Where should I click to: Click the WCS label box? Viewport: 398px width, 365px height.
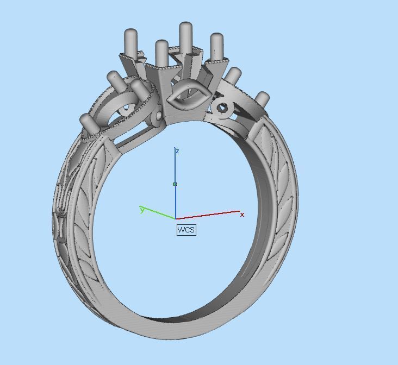[x=186, y=230]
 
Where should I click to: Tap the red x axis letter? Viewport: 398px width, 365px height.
[x=242, y=215]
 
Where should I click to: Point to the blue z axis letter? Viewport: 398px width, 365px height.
[x=178, y=151]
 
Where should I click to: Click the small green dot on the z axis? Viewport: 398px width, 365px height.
[x=175, y=184]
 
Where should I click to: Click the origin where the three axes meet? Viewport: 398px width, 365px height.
[x=176, y=219]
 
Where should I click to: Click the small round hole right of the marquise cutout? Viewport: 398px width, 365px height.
[x=222, y=108]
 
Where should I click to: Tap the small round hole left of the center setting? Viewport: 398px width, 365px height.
[x=158, y=116]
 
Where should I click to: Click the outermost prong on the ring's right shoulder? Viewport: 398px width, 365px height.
[x=262, y=99]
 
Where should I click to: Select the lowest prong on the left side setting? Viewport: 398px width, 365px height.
[x=88, y=122]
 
